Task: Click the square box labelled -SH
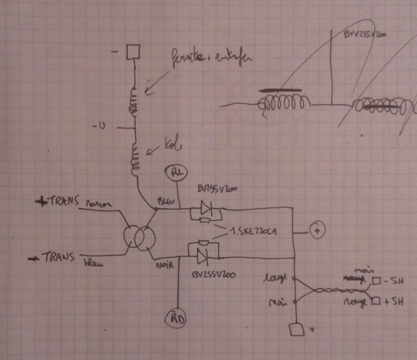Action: click(376, 281)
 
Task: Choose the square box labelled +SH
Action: click(376, 301)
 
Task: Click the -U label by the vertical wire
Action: click(100, 125)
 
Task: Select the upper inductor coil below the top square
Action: click(134, 101)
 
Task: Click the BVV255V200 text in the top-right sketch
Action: click(365, 35)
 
